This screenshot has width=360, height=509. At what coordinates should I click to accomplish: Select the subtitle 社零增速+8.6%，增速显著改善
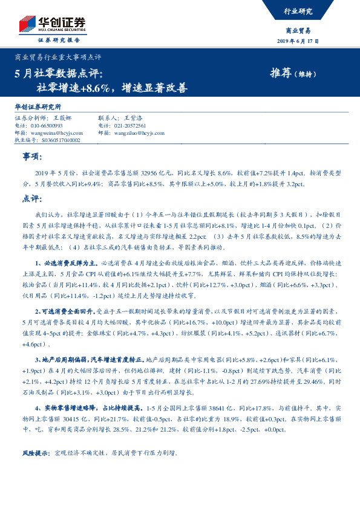(x=111, y=87)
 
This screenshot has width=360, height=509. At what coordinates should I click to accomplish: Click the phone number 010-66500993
(x=46, y=126)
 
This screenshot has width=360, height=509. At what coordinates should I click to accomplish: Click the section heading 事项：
(x=33, y=157)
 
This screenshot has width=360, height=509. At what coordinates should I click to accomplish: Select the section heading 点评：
(x=33, y=198)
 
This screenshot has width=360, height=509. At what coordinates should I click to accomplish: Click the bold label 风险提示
(x=34, y=453)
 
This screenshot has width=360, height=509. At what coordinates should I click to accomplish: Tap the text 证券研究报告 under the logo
(x=59, y=39)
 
